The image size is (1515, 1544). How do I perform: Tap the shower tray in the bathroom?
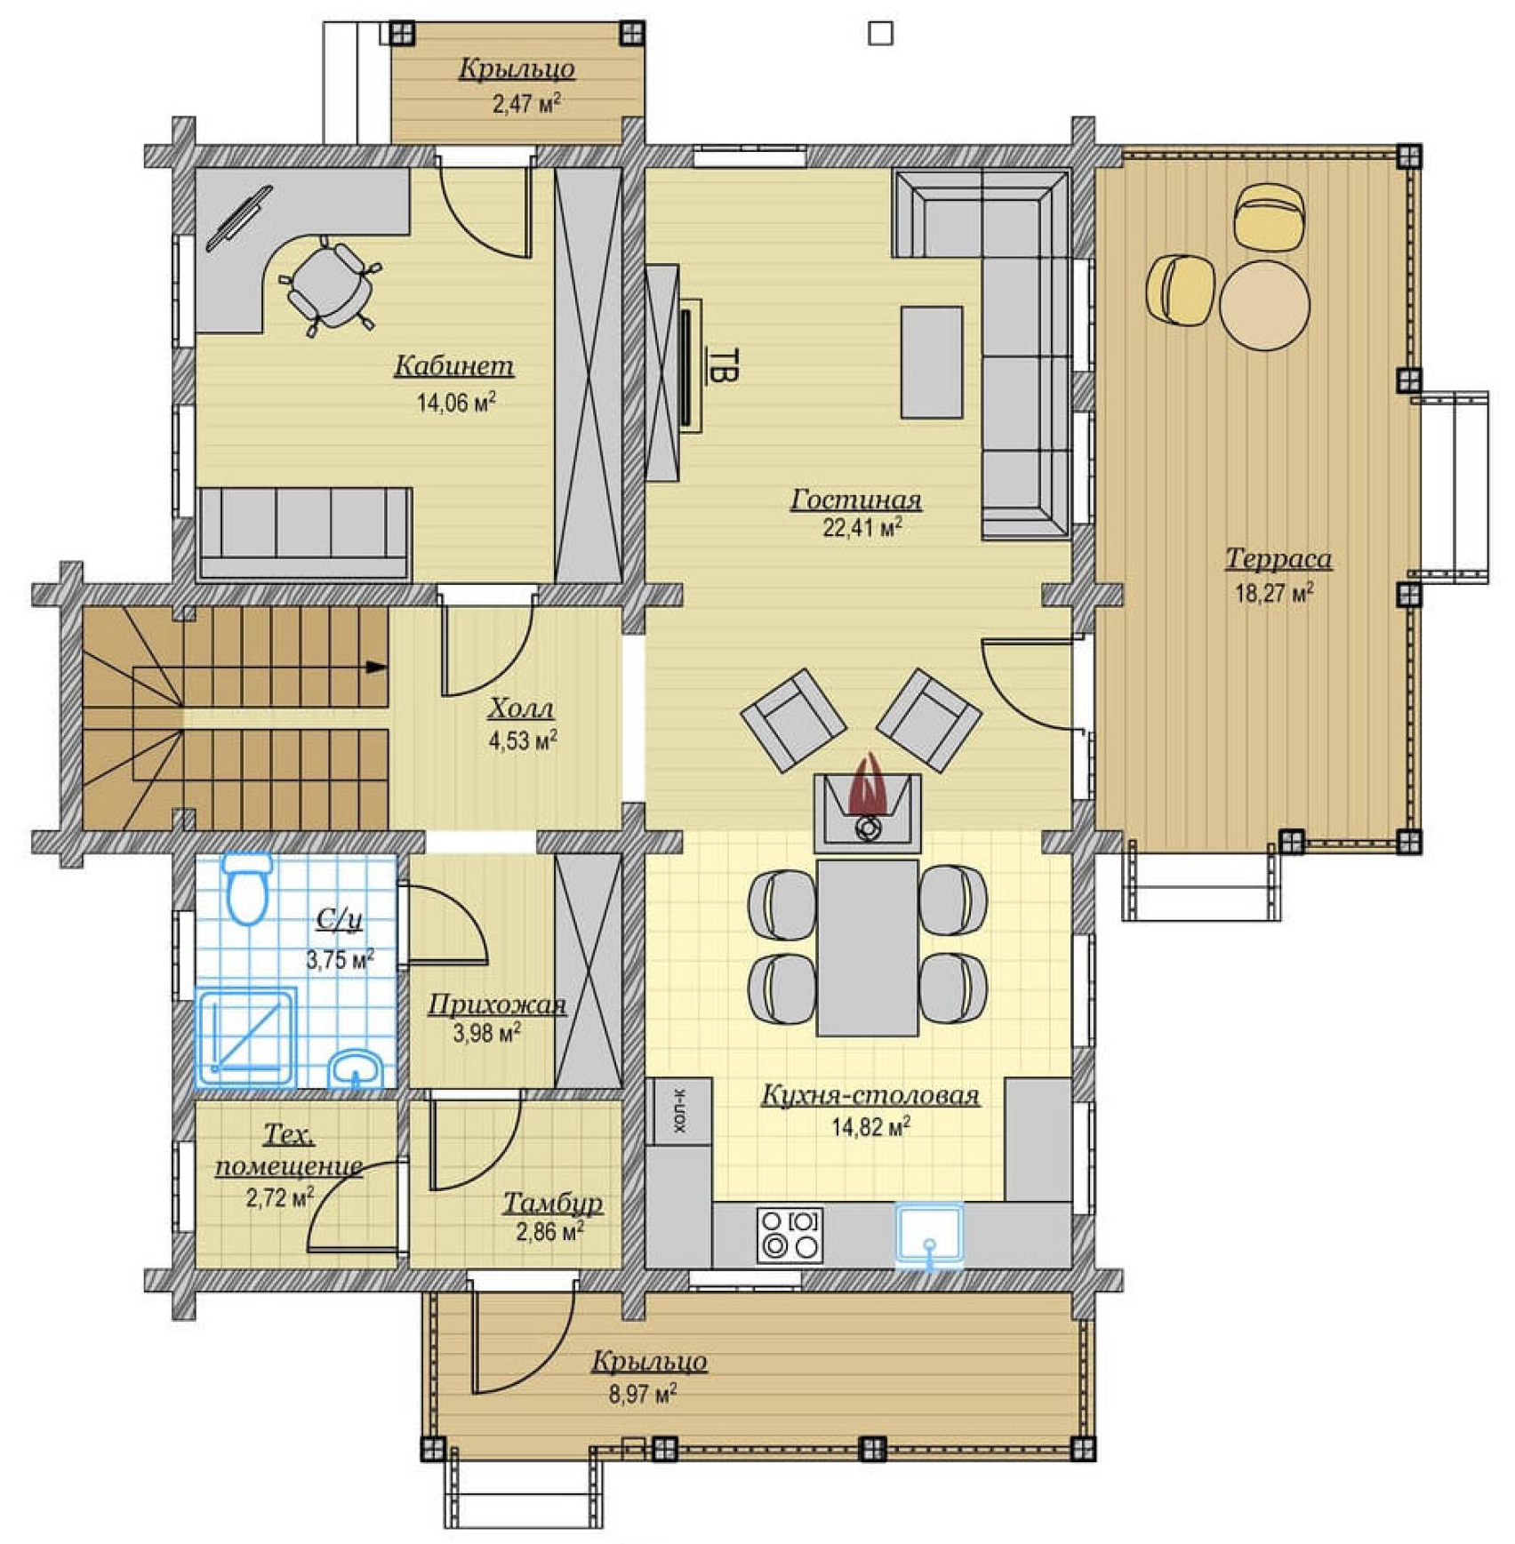246,1037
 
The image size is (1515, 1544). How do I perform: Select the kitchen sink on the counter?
930,1234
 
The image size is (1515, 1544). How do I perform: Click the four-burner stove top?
790,1234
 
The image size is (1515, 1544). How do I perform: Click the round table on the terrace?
1264,304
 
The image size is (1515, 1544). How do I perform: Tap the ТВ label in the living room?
723,364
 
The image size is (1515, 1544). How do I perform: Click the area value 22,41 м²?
862,528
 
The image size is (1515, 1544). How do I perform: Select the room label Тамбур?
553,1204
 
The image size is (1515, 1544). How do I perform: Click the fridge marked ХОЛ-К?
679,1111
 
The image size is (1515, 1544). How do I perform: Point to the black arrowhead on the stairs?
378,666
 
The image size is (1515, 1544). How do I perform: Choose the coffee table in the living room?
932,362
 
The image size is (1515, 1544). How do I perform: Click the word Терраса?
1279,558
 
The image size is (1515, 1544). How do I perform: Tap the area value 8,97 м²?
643,1394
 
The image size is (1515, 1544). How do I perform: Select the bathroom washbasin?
357,1068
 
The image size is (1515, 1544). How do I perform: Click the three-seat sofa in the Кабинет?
304,532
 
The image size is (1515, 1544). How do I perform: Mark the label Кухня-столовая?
870,1095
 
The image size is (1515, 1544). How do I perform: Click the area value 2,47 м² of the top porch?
527,104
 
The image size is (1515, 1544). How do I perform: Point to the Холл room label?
521,708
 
